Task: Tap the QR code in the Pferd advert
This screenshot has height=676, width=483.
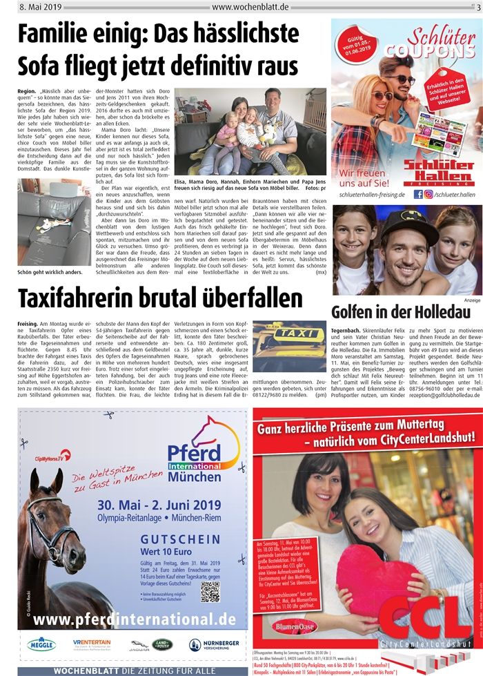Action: click(x=210, y=591)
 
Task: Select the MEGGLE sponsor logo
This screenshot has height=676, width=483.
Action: click(x=41, y=644)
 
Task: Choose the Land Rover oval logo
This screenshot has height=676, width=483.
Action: click(x=162, y=644)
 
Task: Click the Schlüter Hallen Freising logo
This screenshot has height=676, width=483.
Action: click(x=405, y=173)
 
